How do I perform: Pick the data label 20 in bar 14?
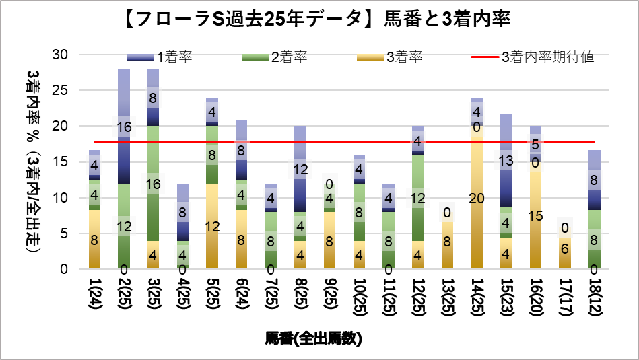click(x=477, y=197)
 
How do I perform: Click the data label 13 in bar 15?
click(x=506, y=161)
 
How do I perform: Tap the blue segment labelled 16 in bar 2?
click(x=124, y=126)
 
